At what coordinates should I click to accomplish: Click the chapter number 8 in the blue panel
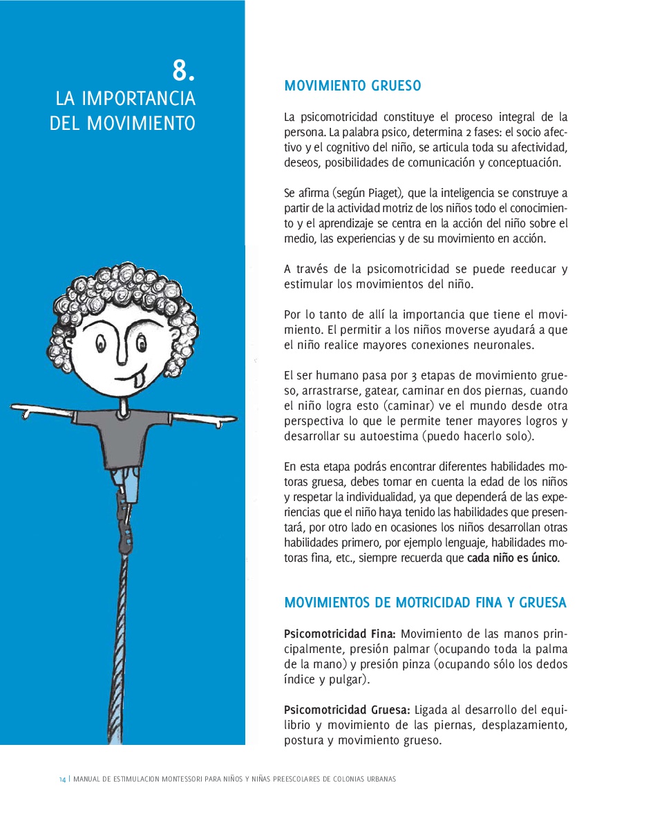coord(183,70)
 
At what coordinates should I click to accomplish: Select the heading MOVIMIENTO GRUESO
coord(352,86)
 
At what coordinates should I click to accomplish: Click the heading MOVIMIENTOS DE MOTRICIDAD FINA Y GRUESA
coord(425,603)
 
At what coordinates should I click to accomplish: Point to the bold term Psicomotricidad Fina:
coord(339,634)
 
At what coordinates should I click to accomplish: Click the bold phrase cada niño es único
coord(513,558)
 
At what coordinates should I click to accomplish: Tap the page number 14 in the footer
coord(61,779)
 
